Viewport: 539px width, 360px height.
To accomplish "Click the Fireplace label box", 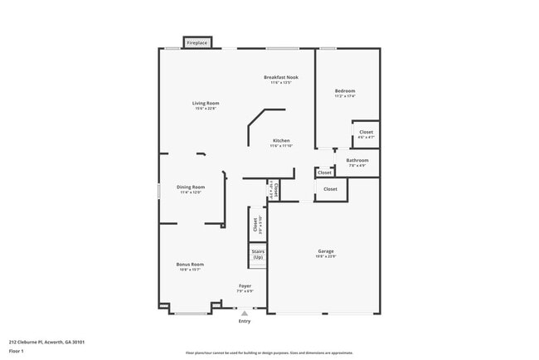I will click(x=197, y=42).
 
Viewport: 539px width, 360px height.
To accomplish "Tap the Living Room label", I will click(x=206, y=104).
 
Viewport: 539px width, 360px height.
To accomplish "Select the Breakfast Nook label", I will click(x=281, y=77).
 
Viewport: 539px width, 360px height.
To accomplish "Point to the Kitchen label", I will click(x=281, y=140).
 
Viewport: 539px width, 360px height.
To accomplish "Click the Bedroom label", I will click(x=345, y=90).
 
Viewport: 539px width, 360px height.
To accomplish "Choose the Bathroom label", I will click(x=357, y=160).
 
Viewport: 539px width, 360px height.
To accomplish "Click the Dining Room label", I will click(x=191, y=187).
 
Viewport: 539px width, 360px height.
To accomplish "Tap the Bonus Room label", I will click(x=190, y=265).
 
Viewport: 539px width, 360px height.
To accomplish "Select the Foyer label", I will click(x=245, y=286).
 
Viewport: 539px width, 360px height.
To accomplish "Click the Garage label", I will click(x=326, y=251).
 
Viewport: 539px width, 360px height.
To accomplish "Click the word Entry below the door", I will click(x=245, y=321).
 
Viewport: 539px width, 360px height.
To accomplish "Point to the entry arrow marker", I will click(x=245, y=314).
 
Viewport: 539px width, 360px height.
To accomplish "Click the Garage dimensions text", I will click(x=326, y=255).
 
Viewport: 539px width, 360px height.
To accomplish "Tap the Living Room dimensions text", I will click(x=206, y=109).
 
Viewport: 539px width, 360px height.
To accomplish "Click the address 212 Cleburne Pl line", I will click(x=47, y=342).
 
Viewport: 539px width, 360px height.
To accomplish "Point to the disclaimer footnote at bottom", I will click(x=269, y=352).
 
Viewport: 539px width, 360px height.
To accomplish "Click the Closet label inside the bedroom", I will click(x=367, y=132).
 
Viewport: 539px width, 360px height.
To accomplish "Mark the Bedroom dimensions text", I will click(x=345, y=95).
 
